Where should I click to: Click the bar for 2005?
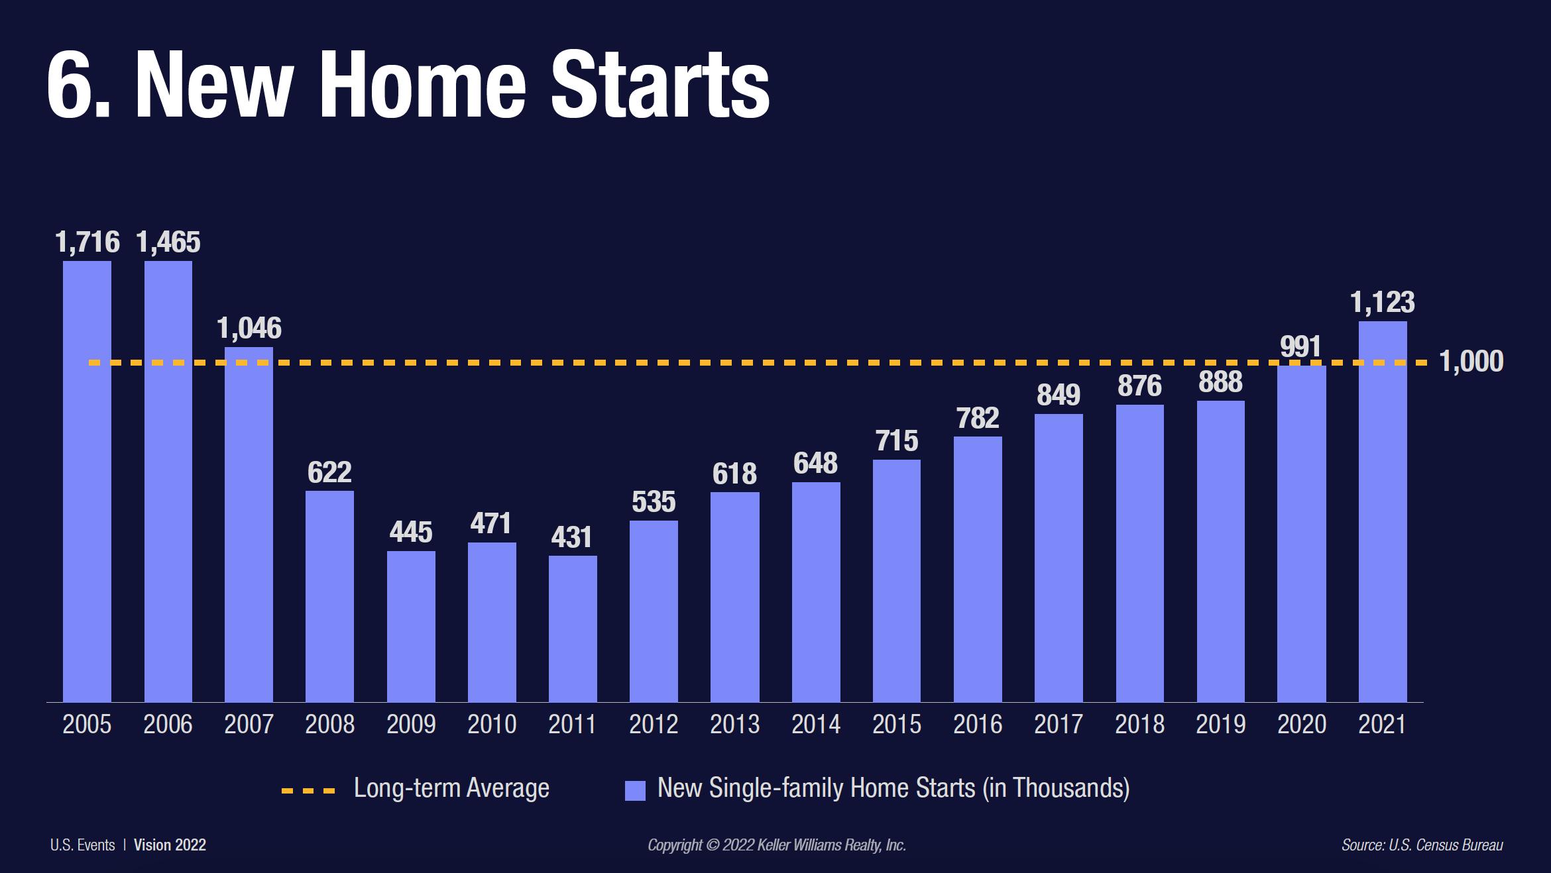pyautogui.click(x=87, y=481)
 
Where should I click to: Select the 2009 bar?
pyautogui.click(x=411, y=626)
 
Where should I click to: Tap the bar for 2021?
pyautogui.click(x=1383, y=511)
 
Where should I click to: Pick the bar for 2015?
pyautogui.click(x=897, y=580)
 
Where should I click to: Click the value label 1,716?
pyautogui.click(x=87, y=242)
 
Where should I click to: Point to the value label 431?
pyautogui.click(x=572, y=537)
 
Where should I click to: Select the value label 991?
pyautogui.click(x=1301, y=347)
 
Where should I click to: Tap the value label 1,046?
pyautogui.click(x=249, y=329)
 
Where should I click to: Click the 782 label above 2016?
pyautogui.click(x=978, y=418)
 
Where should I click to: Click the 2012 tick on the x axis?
pyautogui.click(x=654, y=724)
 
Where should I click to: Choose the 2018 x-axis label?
pyautogui.click(x=1139, y=724)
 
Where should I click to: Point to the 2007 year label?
pyautogui.click(x=249, y=724)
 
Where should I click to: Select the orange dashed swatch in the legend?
pyautogui.click(x=309, y=790)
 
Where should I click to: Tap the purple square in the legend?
pyautogui.click(x=635, y=791)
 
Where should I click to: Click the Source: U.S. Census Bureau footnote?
pyautogui.click(x=1422, y=845)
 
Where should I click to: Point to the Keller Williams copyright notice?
pyautogui.click(x=777, y=845)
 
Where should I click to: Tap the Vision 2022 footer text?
pyautogui.click(x=170, y=845)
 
